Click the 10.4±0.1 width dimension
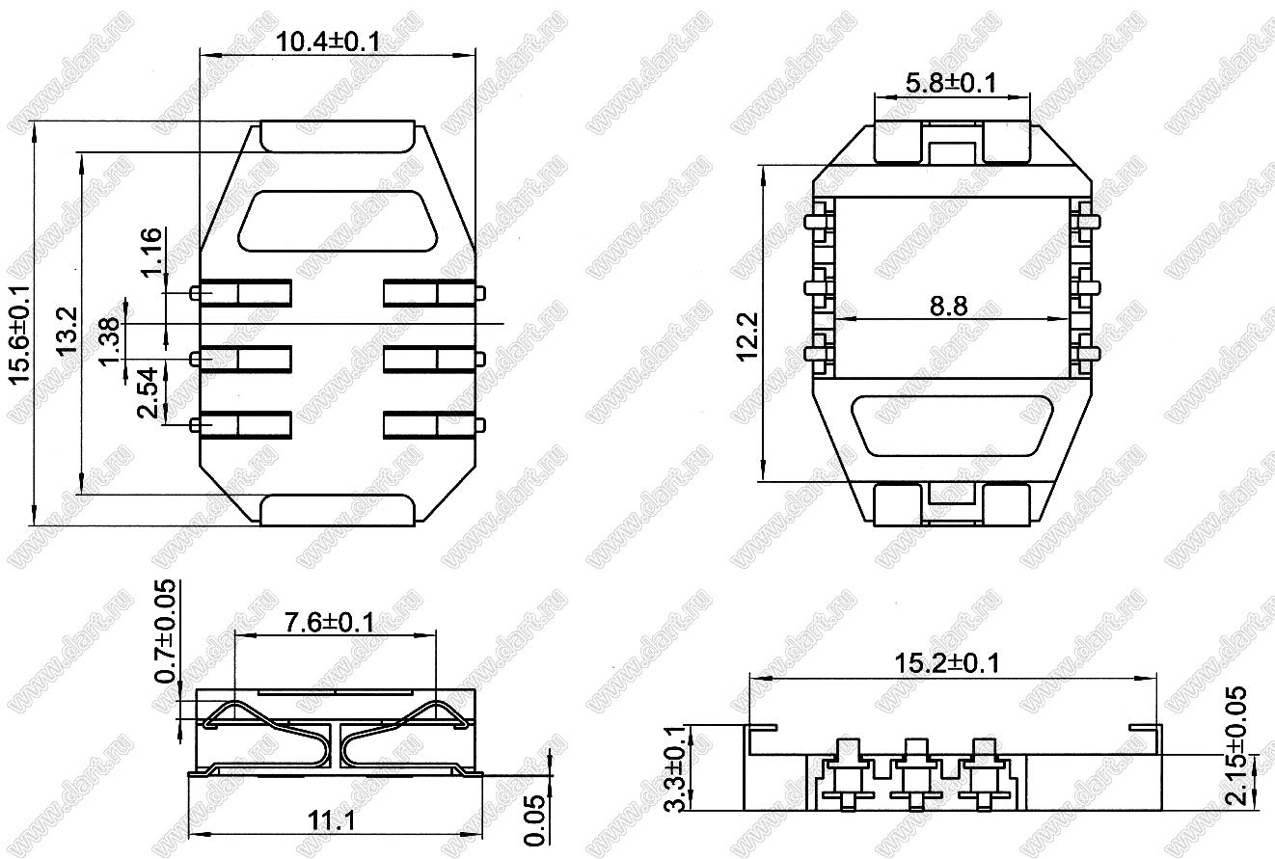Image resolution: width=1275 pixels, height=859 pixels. click(328, 41)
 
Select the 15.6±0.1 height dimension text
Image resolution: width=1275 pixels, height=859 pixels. click(20, 335)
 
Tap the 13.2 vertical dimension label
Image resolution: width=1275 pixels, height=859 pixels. click(68, 331)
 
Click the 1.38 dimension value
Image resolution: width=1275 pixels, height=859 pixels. click(110, 341)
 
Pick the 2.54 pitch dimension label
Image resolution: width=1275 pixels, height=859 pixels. click(148, 392)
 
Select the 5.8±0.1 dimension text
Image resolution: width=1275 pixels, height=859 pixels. click(951, 83)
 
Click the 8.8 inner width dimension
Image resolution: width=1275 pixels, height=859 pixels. click(949, 306)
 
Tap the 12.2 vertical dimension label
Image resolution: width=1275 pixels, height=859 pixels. click(747, 336)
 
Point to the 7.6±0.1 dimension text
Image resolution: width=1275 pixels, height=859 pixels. click(330, 623)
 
